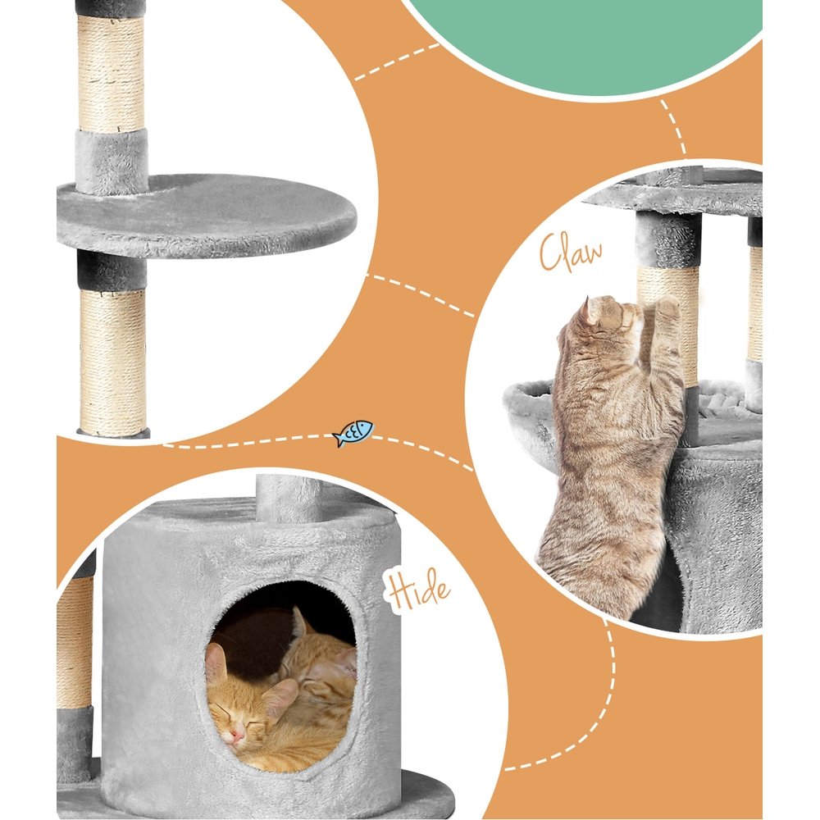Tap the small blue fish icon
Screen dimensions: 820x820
353,432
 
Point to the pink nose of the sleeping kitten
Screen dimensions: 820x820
236,736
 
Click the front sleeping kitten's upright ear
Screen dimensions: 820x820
216,663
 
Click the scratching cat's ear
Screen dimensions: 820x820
591,311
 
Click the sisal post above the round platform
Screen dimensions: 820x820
112,74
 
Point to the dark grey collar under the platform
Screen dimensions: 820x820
112,271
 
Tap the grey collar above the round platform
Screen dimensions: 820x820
112,160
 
